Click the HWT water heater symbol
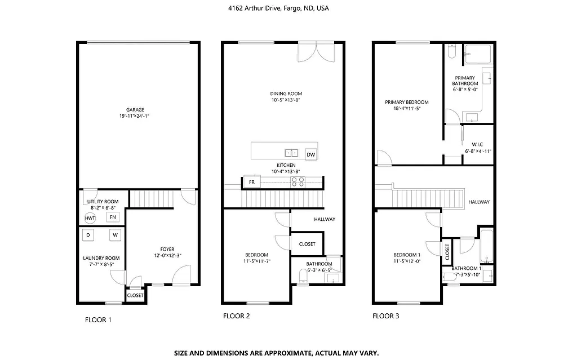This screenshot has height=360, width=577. tap(90, 218)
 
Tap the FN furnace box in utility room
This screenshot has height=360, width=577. tap(113, 217)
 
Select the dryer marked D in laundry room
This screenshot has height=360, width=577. tap(88, 235)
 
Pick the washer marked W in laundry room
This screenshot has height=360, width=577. tap(115, 235)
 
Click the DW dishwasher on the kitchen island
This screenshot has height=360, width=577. tap(310, 154)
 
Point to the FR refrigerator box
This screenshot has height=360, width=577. tap(251, 182)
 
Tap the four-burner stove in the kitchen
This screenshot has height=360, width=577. tap(298, 181)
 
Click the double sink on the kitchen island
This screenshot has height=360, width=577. tap(292, 152)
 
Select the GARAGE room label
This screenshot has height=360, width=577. tap(135, 110)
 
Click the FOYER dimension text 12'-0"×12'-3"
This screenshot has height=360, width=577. tap(167, 256)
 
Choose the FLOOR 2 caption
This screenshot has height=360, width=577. tap(236, 317)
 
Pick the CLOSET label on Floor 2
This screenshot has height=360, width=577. tap(307, 244)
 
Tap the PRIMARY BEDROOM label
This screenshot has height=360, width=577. tap(406, 102)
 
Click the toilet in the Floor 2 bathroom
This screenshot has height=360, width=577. tap(303, 275)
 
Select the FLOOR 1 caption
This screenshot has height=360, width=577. tap(98, 320)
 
